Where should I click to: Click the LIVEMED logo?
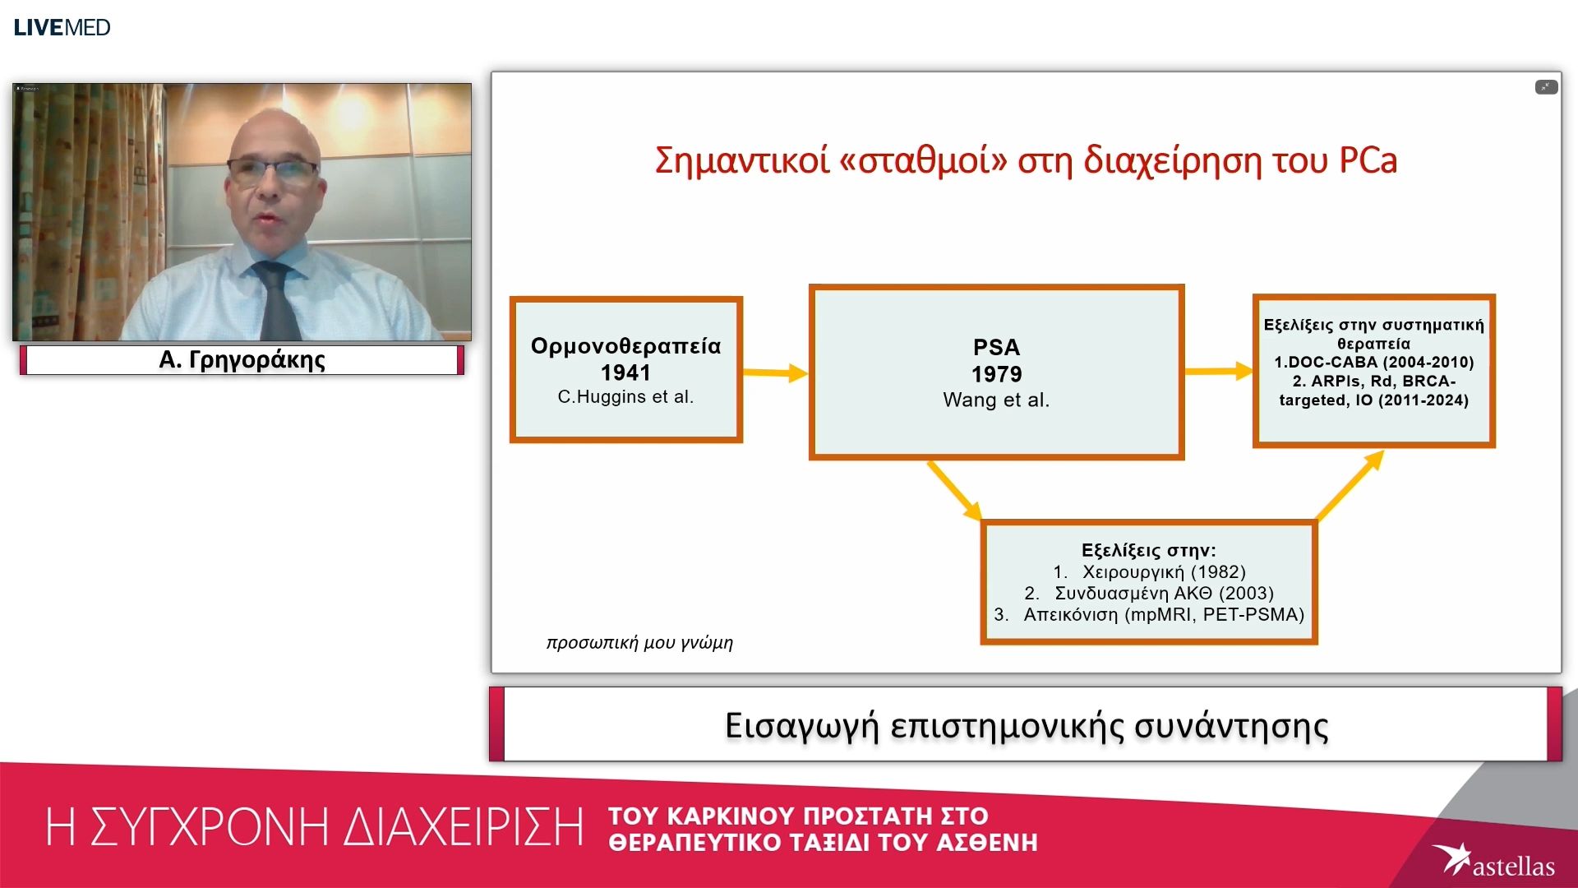pyautogui.click(x=62, y=27)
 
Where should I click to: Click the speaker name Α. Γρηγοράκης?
pyautogui.click(x=242, y=360)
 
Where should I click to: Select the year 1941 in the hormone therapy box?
pyautogui.click(x=625, y=372)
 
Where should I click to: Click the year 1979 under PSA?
pyautogui.click(x=996, y=374)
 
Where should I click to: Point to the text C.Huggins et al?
pyautogui.click(x=625, y=397)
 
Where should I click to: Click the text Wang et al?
pyautogui.click(x=996, y=400)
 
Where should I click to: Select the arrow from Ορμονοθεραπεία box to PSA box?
pyautogui.click(x=775, y=372)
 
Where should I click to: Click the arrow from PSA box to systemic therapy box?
pyautogui.click(x=1218, y=372)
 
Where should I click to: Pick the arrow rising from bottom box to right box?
pyautogui.click(x=1350, y=486)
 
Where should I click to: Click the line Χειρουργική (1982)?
pyautogui.click(x=1162, y=572)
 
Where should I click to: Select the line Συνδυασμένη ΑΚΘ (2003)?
pyautogui.click(x=1163, y=594)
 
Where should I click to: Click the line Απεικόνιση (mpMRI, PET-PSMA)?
pyautogui.click(x=1163, y=615)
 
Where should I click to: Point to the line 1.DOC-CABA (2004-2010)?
pyautogui.click(x=1373, y=363)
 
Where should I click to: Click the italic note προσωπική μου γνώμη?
pyautogui.click(x=639, y=643)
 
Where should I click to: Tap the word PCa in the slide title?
pyautogui.click(x=1368, y=160)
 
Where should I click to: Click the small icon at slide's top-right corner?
pyautogui.click(x=1546, y=87)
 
